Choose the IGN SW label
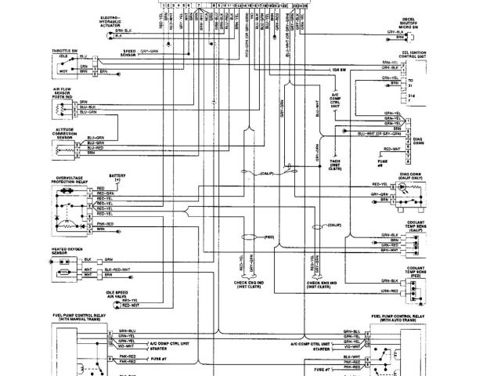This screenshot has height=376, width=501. click(x=340, y=70)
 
